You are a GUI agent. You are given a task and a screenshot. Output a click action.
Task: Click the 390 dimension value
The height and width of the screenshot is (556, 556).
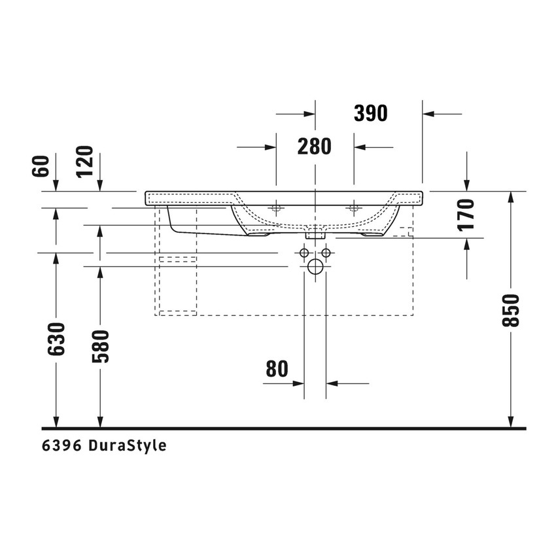click(x=371, y=113)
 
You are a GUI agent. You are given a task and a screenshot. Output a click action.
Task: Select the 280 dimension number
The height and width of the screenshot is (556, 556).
click(x=315, y=147)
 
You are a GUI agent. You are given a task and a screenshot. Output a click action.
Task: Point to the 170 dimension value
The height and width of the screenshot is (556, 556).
click(x=466, y=215)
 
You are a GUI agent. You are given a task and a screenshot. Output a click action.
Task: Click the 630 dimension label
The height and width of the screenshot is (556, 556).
click(x=56, y=339)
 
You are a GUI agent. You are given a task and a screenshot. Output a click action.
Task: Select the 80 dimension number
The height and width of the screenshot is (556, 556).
click(x=277, y=369)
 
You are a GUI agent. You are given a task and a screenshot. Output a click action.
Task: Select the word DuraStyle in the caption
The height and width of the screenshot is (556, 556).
click(x=127, y=446)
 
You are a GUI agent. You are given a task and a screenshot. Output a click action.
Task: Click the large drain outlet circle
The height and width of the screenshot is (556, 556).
click(x=315, y=267)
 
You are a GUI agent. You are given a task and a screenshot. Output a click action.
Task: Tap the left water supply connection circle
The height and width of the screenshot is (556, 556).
click(x=304, y=252)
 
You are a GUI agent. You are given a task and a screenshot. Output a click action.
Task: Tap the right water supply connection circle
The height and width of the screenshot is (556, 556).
click(x=326, y=252)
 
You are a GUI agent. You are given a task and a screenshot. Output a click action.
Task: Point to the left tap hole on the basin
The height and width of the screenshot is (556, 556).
click(x=276, y=209)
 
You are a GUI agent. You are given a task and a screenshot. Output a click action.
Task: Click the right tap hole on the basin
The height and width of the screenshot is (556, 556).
click(x=354, y=209)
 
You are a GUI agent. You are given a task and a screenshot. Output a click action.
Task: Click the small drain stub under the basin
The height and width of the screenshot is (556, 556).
click(x=315, y=232)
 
